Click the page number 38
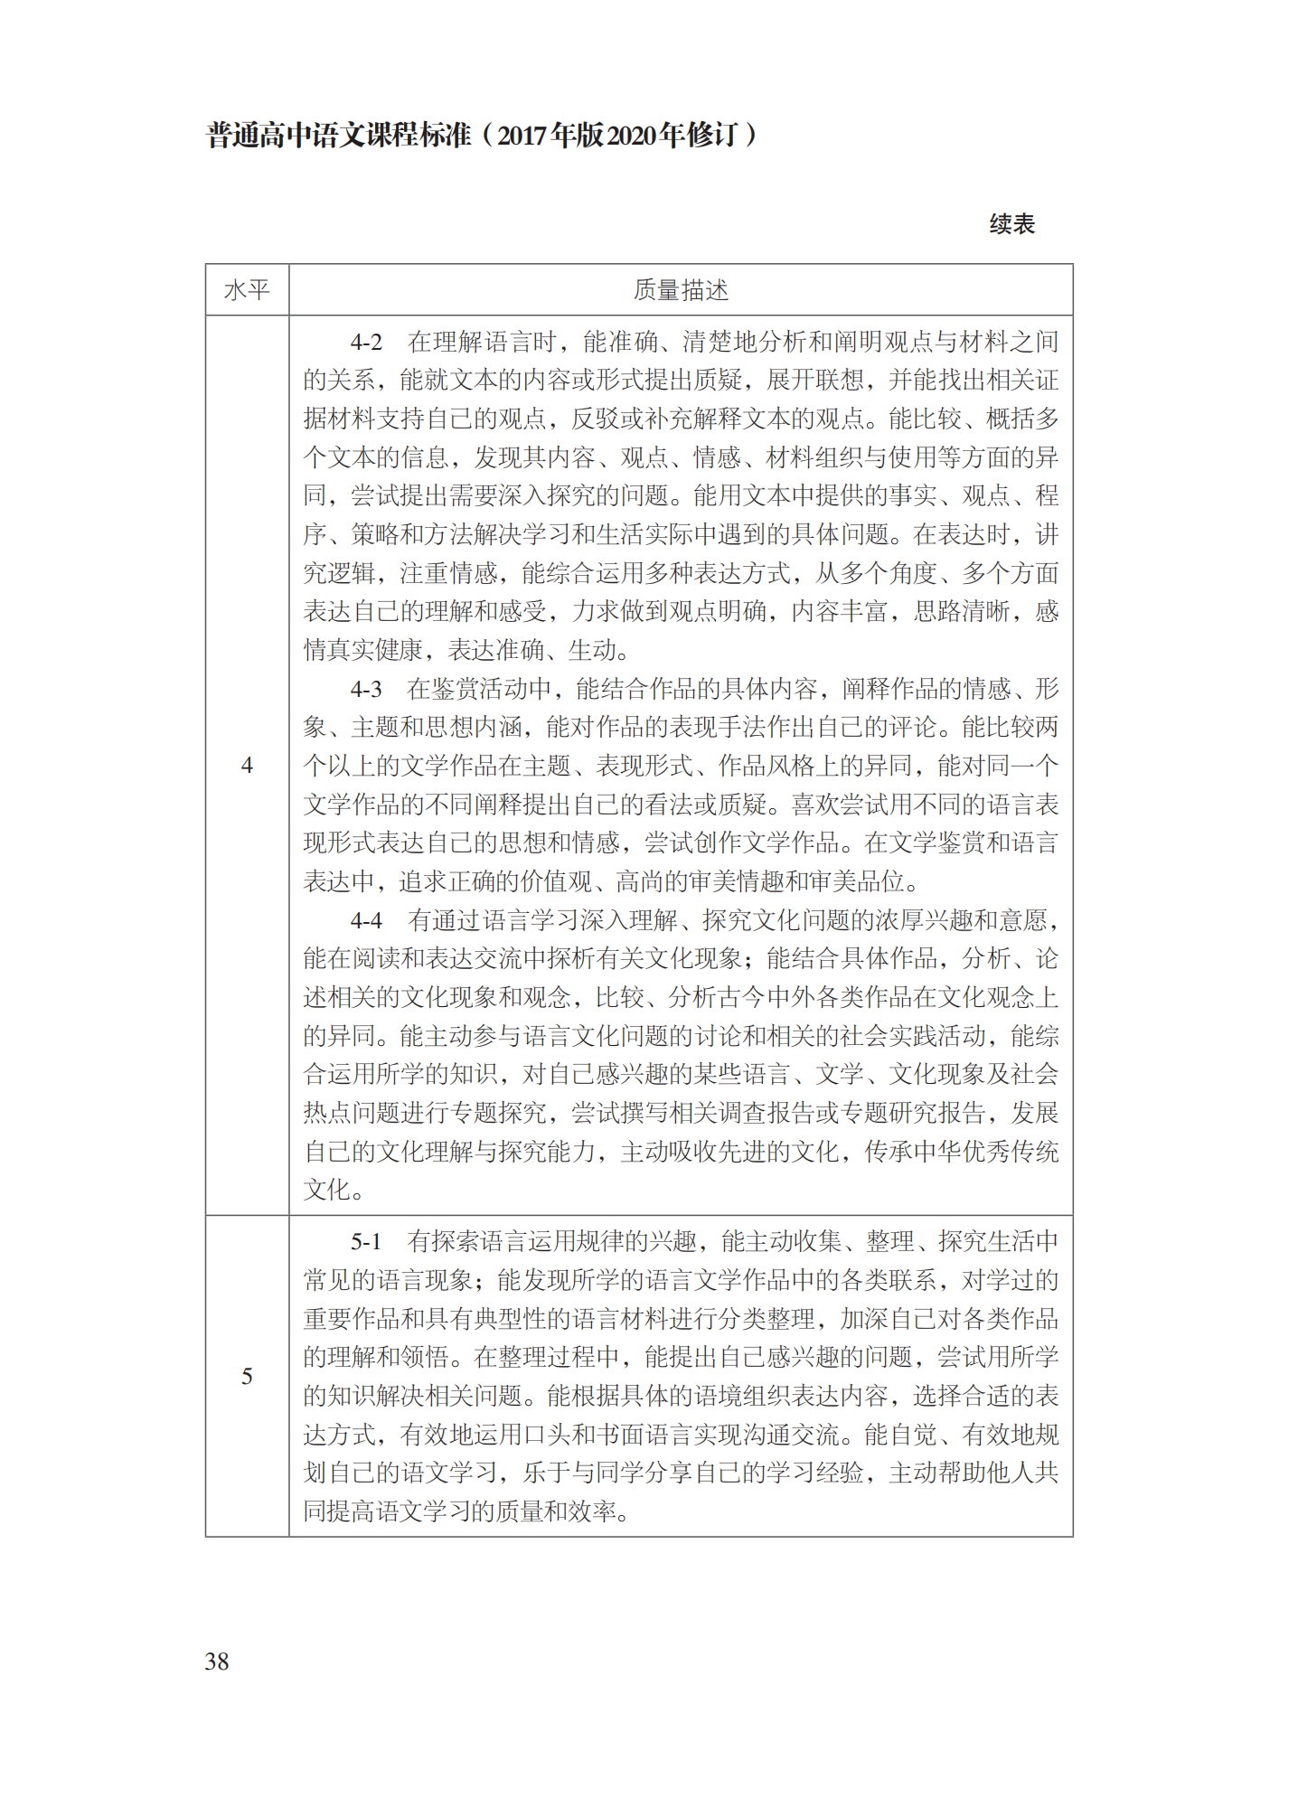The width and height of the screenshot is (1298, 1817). tap(217, 1661)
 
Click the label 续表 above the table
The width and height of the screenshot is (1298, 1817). tap(1011, 224)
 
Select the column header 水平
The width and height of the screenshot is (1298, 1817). tap(247, 290)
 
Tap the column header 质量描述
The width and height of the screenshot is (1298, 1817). tap(681, 290)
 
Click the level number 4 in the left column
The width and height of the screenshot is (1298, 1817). tap(247, 766)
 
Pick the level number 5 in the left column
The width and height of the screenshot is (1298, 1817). tap(247, 1376)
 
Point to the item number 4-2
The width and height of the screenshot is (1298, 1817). tap(366, 342)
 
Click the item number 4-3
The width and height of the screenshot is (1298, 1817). tap(366, 689)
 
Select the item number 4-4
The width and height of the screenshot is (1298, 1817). tap(366, 920)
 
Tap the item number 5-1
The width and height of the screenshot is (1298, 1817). tap(366, 1241)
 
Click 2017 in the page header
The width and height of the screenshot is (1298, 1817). tap(522, 136)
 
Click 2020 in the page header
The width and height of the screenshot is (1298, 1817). tap(631, 136)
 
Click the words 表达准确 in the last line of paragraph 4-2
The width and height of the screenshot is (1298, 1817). tap(496, 650)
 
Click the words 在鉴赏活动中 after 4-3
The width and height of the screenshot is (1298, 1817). tap(479, 689)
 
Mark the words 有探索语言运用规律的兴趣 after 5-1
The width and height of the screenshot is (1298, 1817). tap(552, 1241)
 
